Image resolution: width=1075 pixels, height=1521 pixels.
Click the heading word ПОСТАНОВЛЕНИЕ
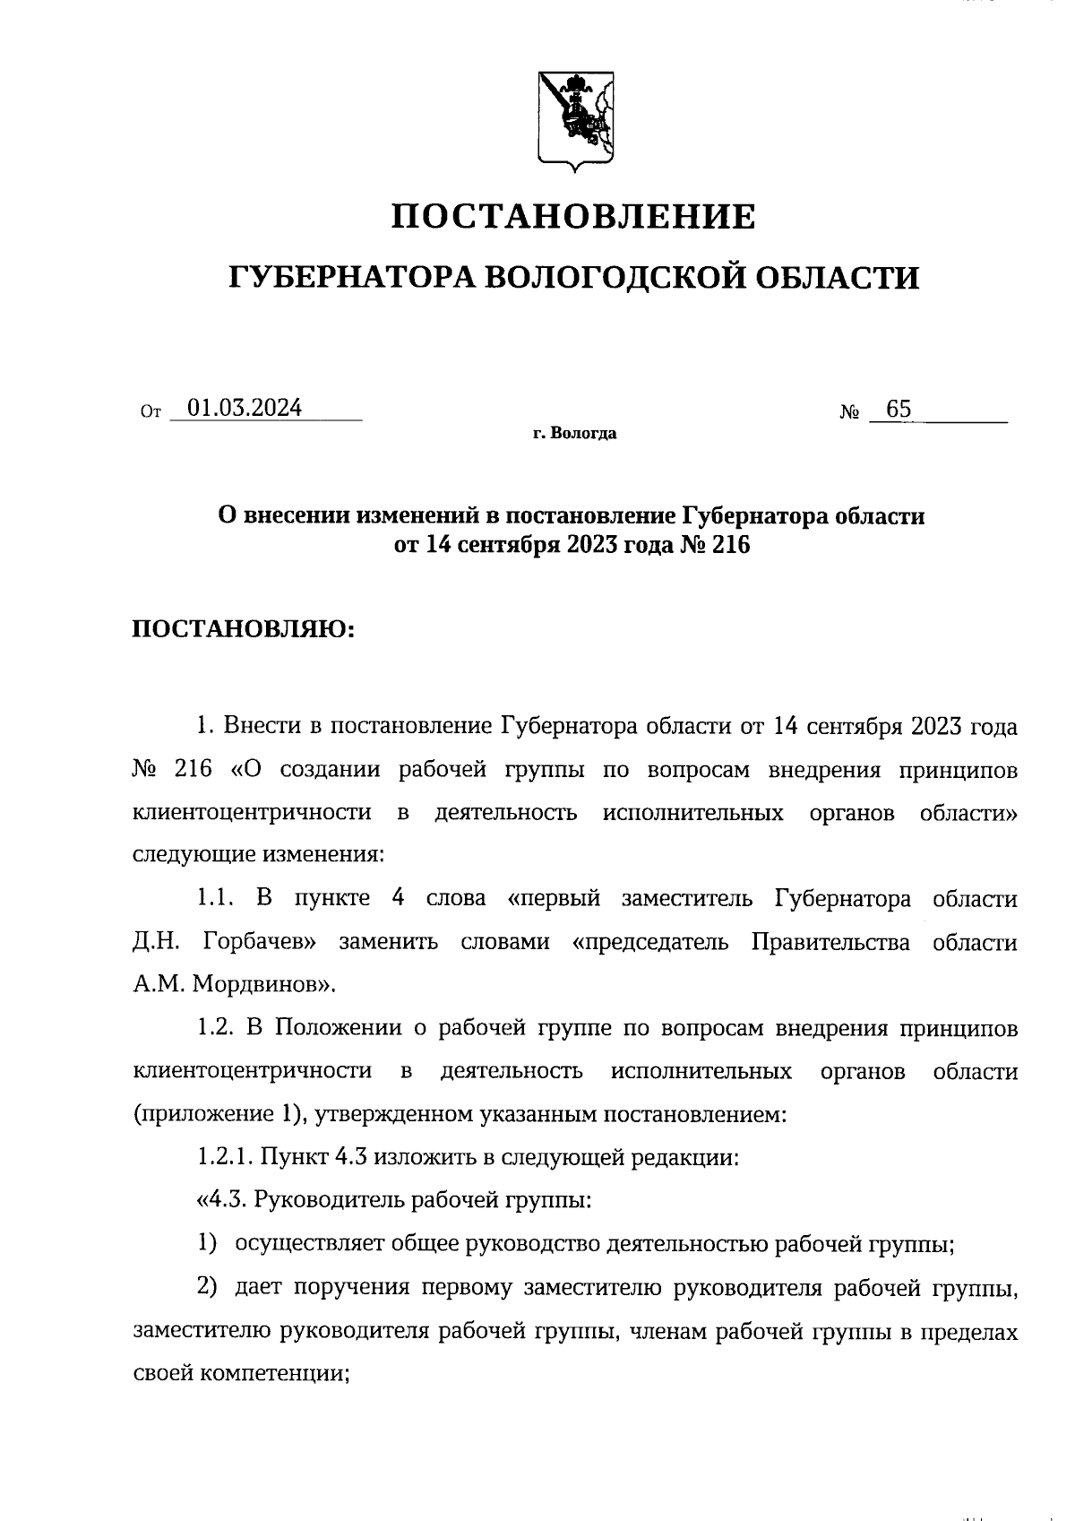(x=574, y=217)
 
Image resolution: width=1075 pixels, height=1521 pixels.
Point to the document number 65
(x=898, y=410)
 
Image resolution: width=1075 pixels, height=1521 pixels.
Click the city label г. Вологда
(x=574, y=435)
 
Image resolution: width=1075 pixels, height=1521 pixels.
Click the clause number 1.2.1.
(x=224, y=1157)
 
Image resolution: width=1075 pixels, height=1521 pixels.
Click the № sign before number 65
(x=850, y=413)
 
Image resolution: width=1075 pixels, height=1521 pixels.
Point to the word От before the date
(x=150, y=413)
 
